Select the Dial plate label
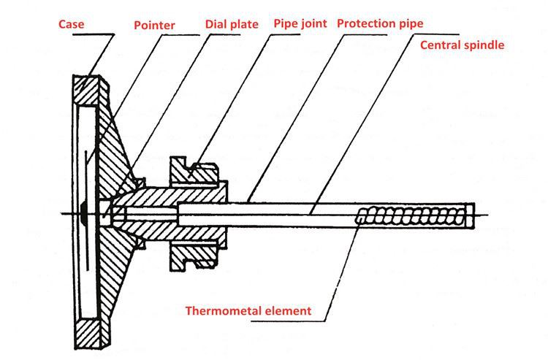click(232, 23)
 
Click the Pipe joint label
click(301, 23)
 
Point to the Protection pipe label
click(379, 23)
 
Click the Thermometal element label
click(248, 310)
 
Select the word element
click(287, 310)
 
